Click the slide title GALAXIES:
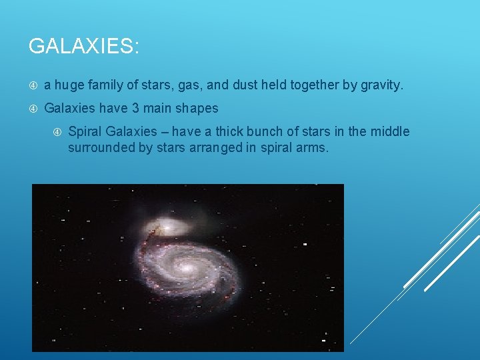[x=84, y=46]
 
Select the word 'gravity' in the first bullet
[x=379, y=85]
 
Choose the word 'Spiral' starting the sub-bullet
[x=85, y=131]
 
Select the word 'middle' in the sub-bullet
[x=389, y=131]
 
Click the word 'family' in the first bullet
[x=104, y=85]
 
